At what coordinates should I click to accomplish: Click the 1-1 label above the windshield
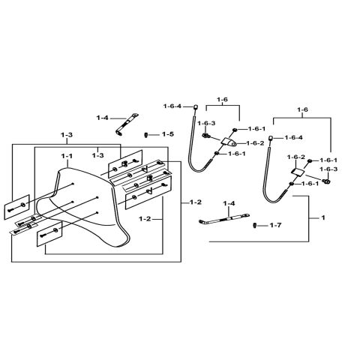[x=66, y=156]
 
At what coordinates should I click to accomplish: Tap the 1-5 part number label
[x=168, y=134]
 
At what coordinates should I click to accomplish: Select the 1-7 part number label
[x=275, y=225]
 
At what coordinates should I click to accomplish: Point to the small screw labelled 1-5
[x=146, y=134]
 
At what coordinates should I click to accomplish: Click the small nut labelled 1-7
[x=255, y=225]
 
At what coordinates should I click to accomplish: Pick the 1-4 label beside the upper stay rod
[x=103, y=118]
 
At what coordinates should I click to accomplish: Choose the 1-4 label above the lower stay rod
[x=228, y=204]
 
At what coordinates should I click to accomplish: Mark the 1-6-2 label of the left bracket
[x=255, y=142]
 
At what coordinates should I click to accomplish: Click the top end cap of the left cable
[x=195, y=107]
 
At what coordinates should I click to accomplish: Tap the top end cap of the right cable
[x=271, y=139]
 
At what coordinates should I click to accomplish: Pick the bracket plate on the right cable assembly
[x=298, y=172]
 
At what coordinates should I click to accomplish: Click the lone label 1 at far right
[x=322, y=218]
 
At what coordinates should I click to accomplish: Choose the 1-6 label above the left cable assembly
[x=222, y=99]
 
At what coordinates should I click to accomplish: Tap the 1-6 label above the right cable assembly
[x=304, y=109]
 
